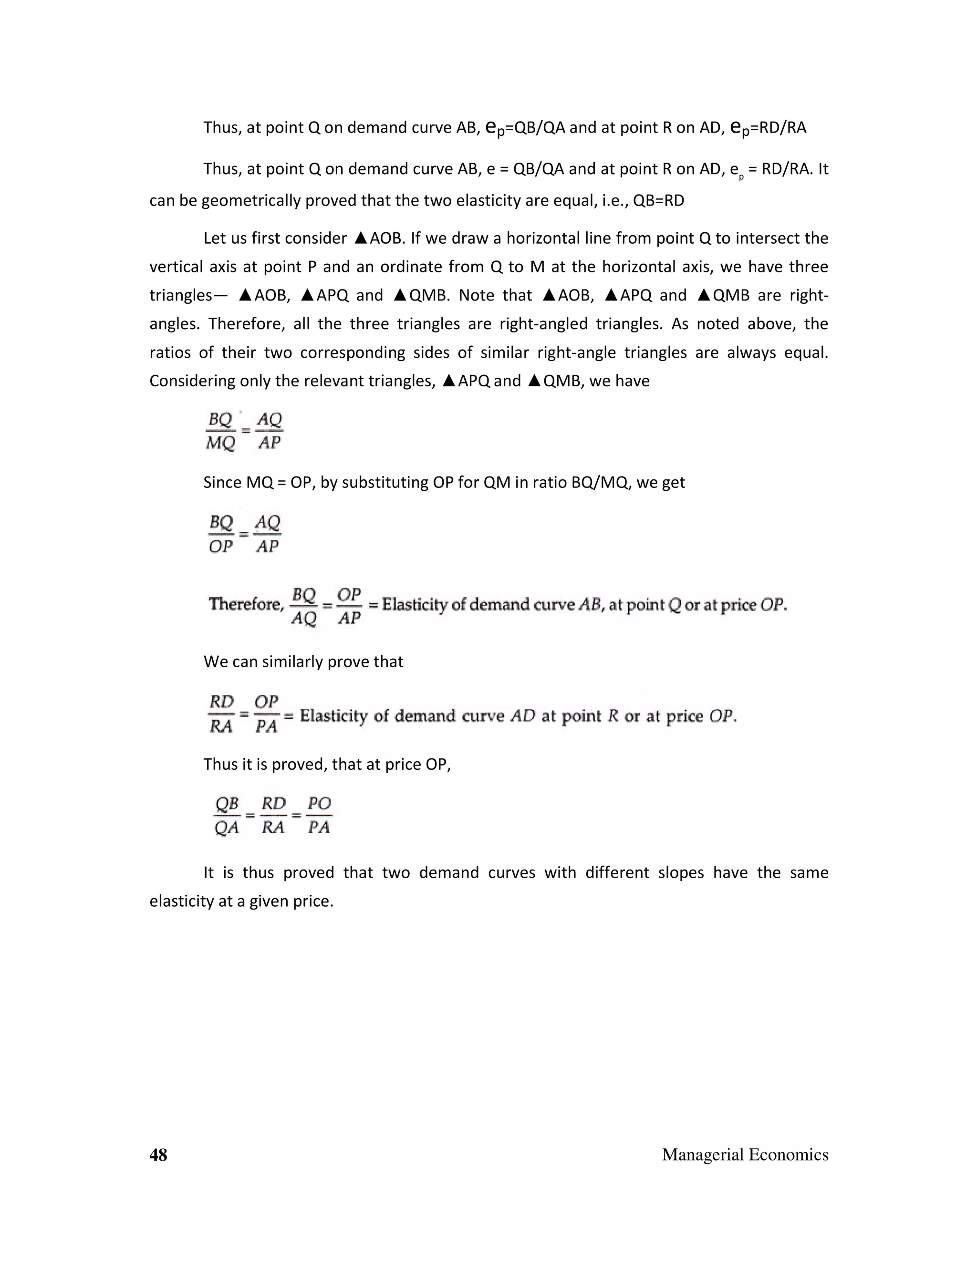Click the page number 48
158,1155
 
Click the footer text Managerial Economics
745,1155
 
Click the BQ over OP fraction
220,534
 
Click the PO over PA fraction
319,815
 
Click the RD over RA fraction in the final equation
273,815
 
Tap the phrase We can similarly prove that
303,662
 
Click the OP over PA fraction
266,714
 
